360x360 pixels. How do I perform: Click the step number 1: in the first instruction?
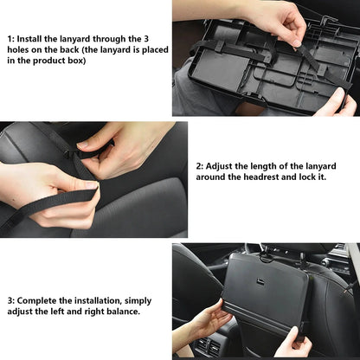click(11, 38)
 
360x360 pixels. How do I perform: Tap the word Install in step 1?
click(34, 38)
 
